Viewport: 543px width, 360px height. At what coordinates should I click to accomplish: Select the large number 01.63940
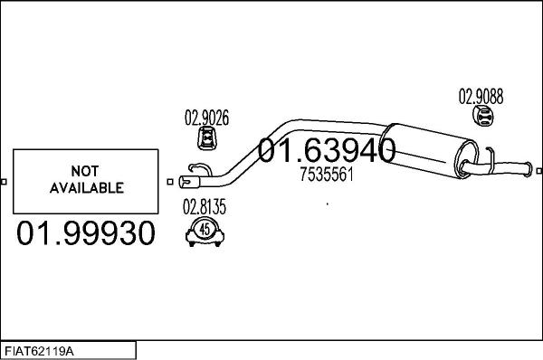pyautogui.click(x=328, y=151)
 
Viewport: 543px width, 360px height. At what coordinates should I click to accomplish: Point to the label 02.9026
pyautogui.click(x=207, y=117)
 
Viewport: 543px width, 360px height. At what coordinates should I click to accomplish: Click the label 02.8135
pyautogui.click(x=205, y=206)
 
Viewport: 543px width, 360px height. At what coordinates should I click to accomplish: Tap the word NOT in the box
pyautogui.click(x=86, y=171)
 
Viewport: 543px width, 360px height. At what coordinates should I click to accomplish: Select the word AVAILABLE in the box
pyautogui.click(x=86, y=188)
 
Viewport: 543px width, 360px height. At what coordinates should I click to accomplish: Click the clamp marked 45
pyautogui.click(x=205, y=232)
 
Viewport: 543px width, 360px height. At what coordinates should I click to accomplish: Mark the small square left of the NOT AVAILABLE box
pyautogui.click(x=5, y=181)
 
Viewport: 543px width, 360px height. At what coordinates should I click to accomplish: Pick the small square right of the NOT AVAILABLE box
pyautogui.click(x=170, y=181)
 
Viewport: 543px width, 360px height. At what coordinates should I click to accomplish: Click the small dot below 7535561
pyautogui.click(x=327, y=204)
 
